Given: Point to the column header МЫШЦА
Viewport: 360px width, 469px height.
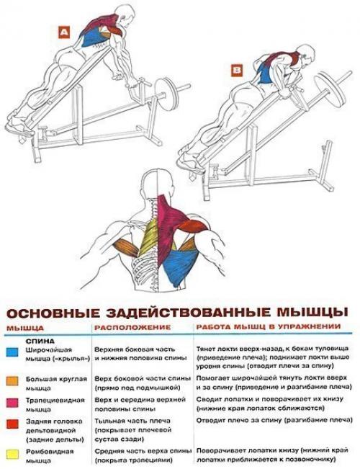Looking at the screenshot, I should [x=24, y=329].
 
